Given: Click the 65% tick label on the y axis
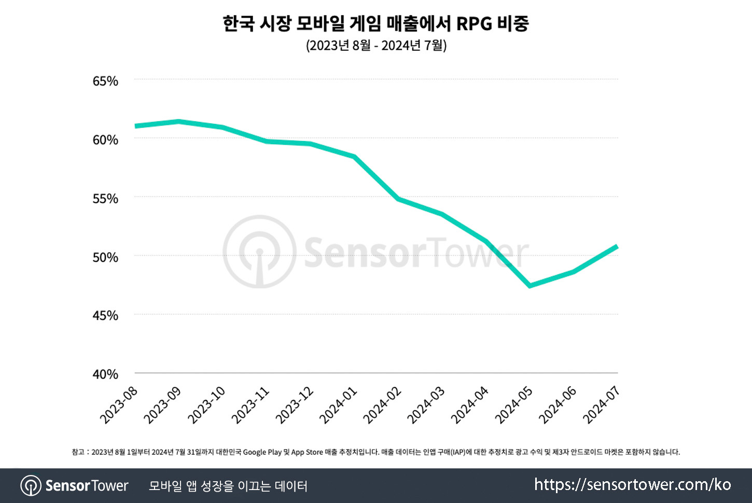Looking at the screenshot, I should pyautogui.click(x=105, y=81).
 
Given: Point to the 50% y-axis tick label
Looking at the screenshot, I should pyautogui.click(x=105, y=257).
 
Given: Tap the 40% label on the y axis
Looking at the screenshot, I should pyautogui.click(x=105, y=374).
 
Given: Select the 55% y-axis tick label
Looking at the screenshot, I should pyautogui.click(x=105, y=199).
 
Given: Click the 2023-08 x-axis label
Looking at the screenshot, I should pyautogui.click(x=119, y=405).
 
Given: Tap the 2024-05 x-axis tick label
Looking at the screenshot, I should pyautogui.click(x=514, y=405).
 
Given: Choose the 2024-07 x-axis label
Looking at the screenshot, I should pyautogui.click(x=602, y=405).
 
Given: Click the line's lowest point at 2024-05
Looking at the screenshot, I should pyautogui.click(x=530, y=286).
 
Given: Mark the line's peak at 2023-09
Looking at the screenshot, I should pyautogui.click(x=178, y=121).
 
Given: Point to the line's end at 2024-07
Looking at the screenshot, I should pyautogui.click(x=617, y=246).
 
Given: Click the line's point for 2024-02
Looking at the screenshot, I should pyautogui.click(x=398, y=199).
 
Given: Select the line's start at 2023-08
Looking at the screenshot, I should pyautogui.click(x=135, y=126).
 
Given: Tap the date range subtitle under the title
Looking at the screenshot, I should pyautogui.click(x=376, y=46).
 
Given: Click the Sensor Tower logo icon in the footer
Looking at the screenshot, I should pyautogui.click(x=31, y=486).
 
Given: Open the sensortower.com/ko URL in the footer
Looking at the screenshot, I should pyautogui.click(x=632, y=485).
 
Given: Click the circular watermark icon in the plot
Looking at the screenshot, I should pyautogui.click(x=259, y=252).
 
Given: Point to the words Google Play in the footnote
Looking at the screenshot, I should pyautogui.click(x=262, y=452).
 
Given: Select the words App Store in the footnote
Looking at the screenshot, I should pyautogui.click(x=307, y=452).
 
